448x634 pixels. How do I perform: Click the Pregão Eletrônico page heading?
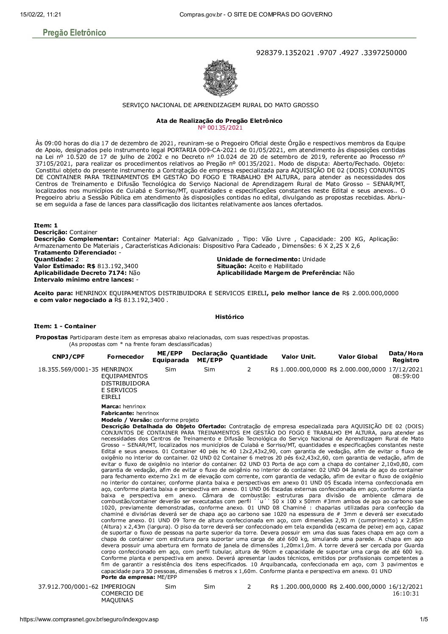(75, 33)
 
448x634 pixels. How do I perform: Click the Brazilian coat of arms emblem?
(219, 78)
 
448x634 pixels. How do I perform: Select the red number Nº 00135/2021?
(220, 127)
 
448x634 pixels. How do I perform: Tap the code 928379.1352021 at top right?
(285, 53)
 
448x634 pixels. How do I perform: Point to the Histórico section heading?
(229, 317)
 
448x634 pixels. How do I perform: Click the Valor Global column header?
(358, 357)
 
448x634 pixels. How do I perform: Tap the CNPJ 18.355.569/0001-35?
(68, 369)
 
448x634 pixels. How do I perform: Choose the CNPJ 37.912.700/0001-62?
(68, 587)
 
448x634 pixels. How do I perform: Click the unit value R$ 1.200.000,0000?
(299, 587)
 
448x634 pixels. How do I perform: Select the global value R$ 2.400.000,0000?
(358, 587)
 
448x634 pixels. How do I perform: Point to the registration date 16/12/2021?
(406, 587)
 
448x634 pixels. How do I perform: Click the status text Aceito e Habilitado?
(276, 266)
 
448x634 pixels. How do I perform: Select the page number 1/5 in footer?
(423, 620)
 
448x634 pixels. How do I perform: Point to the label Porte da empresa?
(128, 577)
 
